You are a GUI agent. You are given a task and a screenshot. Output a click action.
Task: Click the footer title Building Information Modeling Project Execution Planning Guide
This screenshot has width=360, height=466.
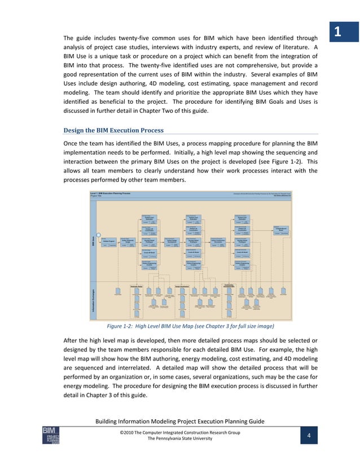(180, 422)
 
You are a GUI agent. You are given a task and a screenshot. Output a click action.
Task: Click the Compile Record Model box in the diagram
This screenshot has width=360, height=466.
(282, 230)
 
